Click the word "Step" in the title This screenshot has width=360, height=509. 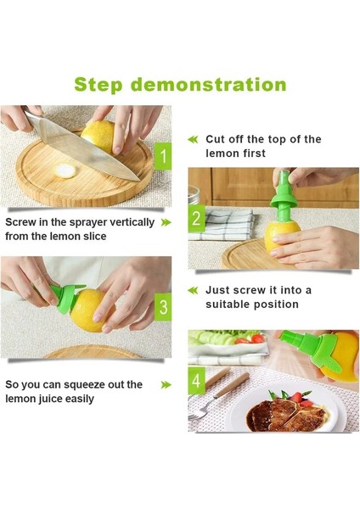(98, 85)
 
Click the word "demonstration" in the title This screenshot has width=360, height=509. (209, 84)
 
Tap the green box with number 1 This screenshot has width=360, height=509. (163, 156)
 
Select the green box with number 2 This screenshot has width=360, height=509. (197, 219)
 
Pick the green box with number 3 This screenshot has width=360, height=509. (163, 307)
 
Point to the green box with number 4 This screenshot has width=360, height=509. (197, 381)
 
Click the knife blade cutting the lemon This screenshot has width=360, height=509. (84, 146)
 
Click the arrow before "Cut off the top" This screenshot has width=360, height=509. (193, 140)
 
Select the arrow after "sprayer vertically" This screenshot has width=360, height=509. (166, 222)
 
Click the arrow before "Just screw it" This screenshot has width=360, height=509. (193, 290)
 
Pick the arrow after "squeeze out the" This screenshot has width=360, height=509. (166, 385)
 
